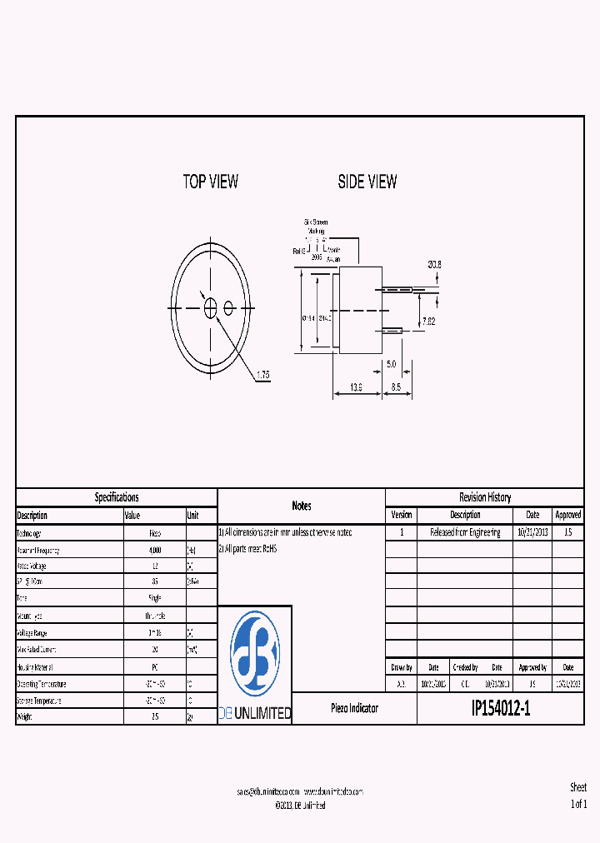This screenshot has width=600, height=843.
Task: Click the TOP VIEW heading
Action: click(x=210, y=182)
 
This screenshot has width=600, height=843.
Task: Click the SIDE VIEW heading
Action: click(x=367, y=182)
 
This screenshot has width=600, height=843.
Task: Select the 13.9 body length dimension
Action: click(x=356, y=387)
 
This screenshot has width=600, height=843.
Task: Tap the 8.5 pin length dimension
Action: click(x=396, y=387)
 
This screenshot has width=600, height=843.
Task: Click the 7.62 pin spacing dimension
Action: click(x=428, y=321)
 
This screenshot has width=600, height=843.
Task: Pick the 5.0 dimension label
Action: click(x=391, y=364)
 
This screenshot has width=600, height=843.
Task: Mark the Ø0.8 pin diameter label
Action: click(x=434, y=264)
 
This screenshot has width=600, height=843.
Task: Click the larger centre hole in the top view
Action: click(x=211, y=308)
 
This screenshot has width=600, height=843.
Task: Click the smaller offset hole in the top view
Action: click(x=228, y=308)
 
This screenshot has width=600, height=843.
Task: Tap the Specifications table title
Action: click(x=117, y=497)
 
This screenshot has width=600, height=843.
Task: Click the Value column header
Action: click(x=132, y=516)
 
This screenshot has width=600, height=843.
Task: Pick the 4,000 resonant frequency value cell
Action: click(x=154, y=551)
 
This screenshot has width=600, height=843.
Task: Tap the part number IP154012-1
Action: click(x=500, y=709)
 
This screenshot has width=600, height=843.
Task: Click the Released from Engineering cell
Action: click(x=465, y=532)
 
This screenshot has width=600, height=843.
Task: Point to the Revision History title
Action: click(x=484, y=497)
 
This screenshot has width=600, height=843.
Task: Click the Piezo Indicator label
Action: click(x=354, y=708)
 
